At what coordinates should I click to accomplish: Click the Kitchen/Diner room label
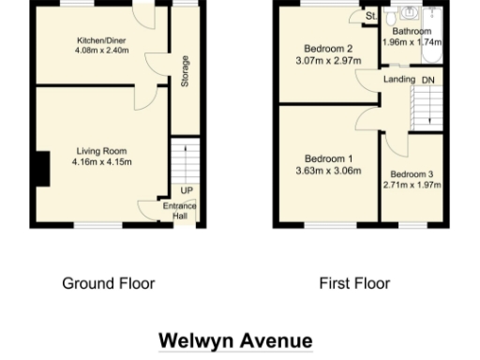pyautogui.click(x=101, y=40)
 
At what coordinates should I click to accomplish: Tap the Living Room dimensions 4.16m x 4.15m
pyautogui.click(x=101, y=161)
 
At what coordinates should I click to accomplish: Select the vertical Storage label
pyautogui.click(x=186, y=72)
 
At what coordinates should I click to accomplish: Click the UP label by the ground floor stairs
pyautogui.click(x=187, y=190)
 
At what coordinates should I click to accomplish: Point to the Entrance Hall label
pyautogui.click(x=180, y=211)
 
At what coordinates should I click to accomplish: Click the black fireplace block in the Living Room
pyautogui.click(x=40, y=170)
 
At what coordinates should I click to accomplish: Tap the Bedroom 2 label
pyautogui.click(x=328, y=49)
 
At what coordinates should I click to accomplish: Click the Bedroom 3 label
pyautogui.click(x=412, y=173)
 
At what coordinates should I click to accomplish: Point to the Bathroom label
pyautogui.click(x=412, y=31)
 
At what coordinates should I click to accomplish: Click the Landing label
pyautogui.click(x=399, y=80)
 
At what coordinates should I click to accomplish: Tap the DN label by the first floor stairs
pyautogui.click(x=428, y=80)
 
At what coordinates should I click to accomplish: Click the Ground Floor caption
pyautogui.click(x=108, y=283)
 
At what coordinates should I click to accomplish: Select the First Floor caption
pyautogui.click(x=354, y=283)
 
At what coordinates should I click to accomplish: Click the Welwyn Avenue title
pyautogui.click(x=234, y=339)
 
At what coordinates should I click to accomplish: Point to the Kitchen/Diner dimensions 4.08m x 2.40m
pyautogui.click(x=101, y=52)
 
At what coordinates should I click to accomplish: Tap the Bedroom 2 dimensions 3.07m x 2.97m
pyautogui.click(x=328, y=61)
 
